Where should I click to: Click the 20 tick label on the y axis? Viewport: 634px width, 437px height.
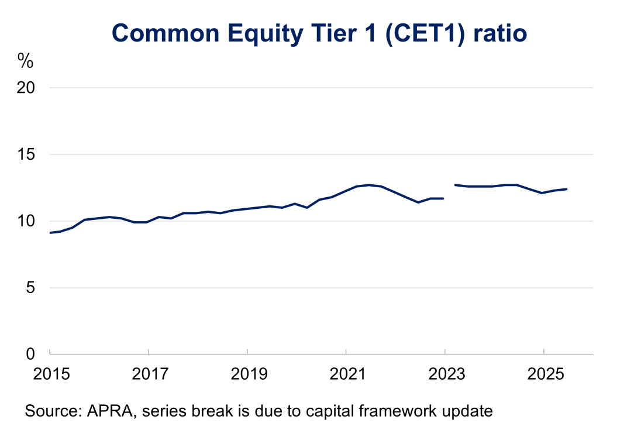point(26,88)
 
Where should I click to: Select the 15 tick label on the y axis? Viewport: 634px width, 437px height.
point(26,154)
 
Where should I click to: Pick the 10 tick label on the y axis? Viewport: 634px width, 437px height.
point(26,221)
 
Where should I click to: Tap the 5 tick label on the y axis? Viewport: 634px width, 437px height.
point(30,288)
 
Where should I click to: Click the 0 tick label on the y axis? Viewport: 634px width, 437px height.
point(30,354)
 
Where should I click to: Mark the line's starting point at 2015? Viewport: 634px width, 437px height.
point(50,233)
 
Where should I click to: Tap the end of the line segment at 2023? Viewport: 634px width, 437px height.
point(443,198)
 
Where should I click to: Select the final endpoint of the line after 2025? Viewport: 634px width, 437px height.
point(566,189)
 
